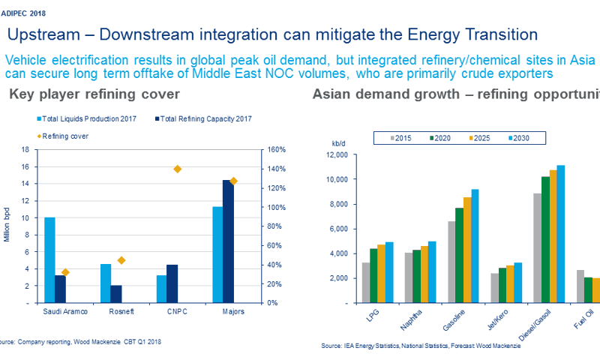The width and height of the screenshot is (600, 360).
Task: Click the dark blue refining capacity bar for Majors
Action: pos(227,241)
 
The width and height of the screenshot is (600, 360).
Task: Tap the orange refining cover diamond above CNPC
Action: pos(178,169)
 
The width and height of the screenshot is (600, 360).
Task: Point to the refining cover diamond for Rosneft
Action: pos(121,260)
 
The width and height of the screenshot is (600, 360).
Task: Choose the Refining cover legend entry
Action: pos(64,136)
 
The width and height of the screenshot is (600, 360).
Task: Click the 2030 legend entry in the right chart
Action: pos(523,137)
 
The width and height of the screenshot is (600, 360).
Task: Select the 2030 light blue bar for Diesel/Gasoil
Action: pos(560,233)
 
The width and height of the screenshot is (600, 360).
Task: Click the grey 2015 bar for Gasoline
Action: pos(451,262)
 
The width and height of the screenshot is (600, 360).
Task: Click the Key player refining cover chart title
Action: pos(94,94)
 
